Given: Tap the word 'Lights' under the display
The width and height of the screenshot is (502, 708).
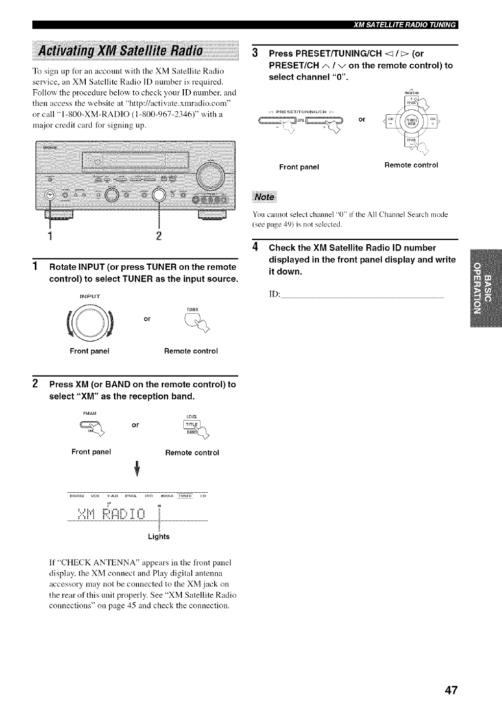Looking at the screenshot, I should click(158, 536).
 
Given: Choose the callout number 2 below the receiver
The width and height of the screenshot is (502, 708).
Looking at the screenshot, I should click(158, 235).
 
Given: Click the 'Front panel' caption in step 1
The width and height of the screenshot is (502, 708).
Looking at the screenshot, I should click(90, 351).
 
